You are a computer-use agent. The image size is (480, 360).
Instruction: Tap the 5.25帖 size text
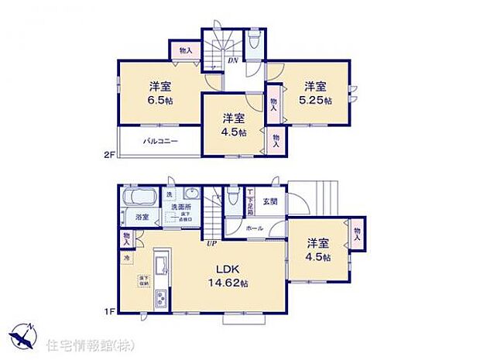click(317, 101)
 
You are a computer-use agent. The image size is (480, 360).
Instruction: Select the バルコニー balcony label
click(161, 142)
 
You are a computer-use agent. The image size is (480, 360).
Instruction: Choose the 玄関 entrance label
click(269, 202)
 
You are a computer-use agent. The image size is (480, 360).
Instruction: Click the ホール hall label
click(255, 228)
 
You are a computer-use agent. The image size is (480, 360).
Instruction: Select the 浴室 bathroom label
click(142, 218)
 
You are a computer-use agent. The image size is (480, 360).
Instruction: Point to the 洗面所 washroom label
click(183, 207)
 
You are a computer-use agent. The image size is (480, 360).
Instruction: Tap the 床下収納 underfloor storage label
click(143, 279)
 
